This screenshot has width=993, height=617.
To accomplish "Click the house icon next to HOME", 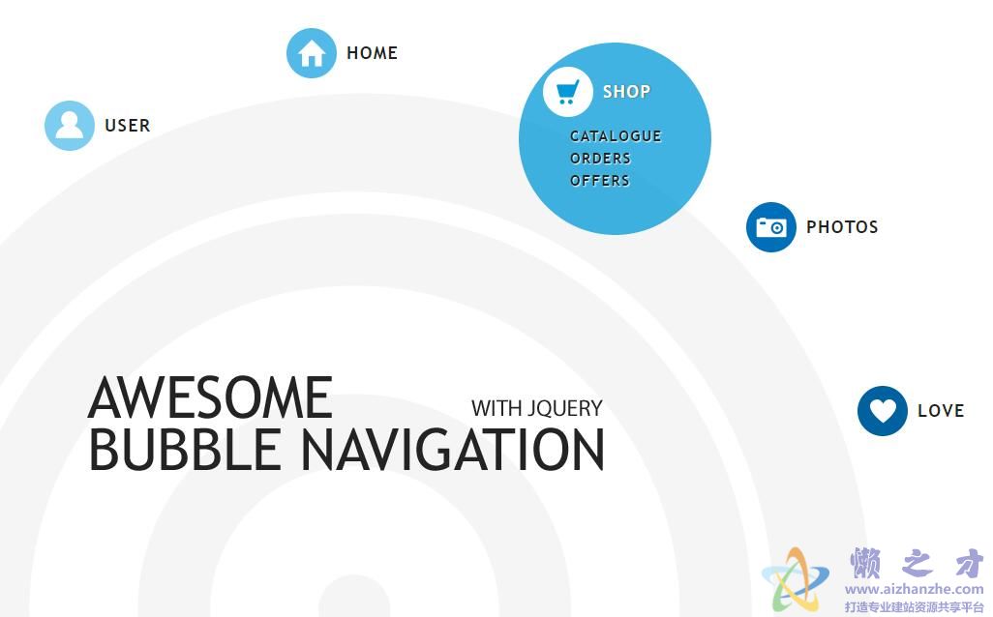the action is point(311,53).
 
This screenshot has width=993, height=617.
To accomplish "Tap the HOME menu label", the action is point(373,53).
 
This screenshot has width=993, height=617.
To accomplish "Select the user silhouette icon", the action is point(70,126).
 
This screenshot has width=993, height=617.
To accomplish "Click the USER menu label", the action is point(128,126).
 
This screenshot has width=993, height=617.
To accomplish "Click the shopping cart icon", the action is point(567,92).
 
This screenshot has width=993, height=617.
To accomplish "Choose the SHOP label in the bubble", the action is point(626,92).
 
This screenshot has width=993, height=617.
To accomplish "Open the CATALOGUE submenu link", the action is point(616,136).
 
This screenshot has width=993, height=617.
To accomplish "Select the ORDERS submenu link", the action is point(600,159).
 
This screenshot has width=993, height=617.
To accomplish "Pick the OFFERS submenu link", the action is point(600,180).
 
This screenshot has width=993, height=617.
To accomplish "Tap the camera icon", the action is point(770,227).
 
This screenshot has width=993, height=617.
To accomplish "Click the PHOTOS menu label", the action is point(842,227).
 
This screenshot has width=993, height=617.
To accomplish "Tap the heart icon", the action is point(882,411).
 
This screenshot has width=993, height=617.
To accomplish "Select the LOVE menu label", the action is point(941,411).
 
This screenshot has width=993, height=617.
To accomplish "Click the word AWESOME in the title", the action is point(210,397).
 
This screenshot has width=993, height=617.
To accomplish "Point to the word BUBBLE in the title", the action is point(184,449).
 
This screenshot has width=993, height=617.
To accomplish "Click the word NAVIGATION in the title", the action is point(452,449).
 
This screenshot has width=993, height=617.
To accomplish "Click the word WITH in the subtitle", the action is point(497,408).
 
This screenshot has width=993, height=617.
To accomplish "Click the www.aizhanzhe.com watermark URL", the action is point(914,589).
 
